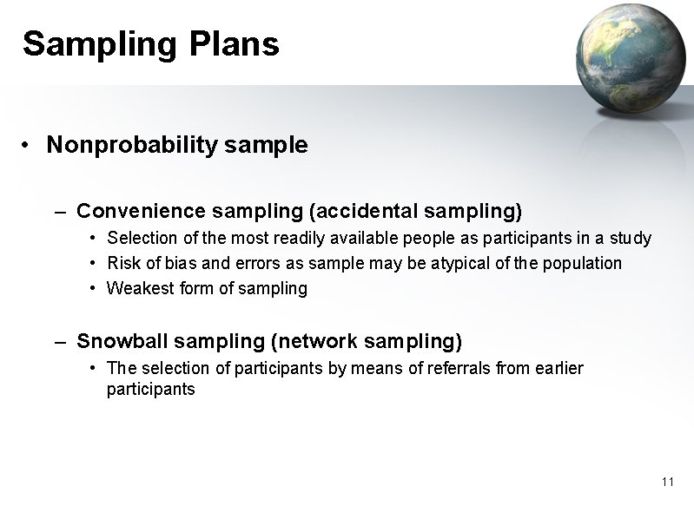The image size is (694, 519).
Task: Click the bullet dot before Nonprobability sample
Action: tap(29, 145)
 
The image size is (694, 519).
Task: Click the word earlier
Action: tap(557, 368)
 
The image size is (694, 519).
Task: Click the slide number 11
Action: tap(667, 482)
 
